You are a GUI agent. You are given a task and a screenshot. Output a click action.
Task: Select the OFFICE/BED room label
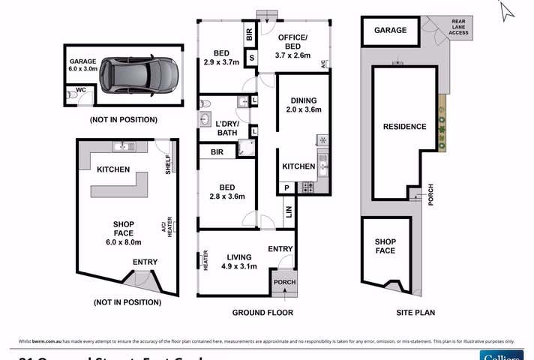289,42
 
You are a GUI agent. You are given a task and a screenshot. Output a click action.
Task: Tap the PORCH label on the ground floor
284,282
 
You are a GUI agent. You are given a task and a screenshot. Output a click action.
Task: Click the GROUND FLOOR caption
262,312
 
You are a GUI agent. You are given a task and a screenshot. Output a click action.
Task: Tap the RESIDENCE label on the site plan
404,127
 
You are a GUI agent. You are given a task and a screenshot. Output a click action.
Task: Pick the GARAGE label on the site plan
390,31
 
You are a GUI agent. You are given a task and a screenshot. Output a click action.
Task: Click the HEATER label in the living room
205,260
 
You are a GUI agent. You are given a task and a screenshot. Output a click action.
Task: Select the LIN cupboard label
289,213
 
